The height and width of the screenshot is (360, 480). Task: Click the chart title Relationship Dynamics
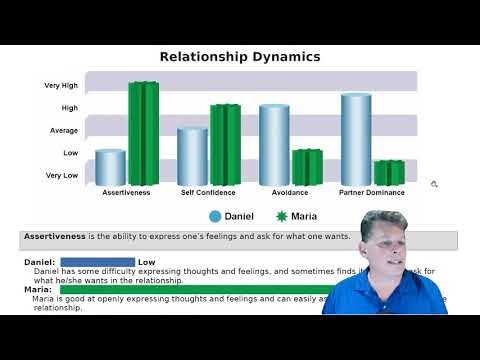click(x=240, y=57)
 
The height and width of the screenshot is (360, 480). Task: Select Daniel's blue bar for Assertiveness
click(x=110, y=167)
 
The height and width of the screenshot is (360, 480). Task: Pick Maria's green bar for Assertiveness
click(x=143, y=133)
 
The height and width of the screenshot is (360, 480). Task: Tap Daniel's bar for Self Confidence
click(x=192, y=156)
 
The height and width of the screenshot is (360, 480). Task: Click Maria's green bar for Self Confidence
click(x=225, y=144)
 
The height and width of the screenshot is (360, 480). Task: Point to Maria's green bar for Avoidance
click(x=307, y=167)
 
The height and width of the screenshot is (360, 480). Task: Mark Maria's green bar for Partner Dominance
click(x=389, y=172)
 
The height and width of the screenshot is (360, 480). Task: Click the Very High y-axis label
click(x=61, y=86)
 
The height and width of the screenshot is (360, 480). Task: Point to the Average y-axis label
click(x=64, y=131)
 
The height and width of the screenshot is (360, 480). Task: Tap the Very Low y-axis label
click(x=62, y=175)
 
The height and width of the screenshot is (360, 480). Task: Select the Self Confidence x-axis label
click(x=208, y=192)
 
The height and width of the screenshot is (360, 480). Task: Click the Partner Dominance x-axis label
click(x=372, y=192)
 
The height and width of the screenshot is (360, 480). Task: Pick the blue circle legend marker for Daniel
click(x=215, y=216)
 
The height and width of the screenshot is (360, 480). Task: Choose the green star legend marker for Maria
click(x=281, y=216)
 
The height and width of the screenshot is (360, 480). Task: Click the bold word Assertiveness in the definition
click(x=55, y=237)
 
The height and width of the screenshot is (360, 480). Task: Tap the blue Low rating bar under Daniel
click(x=98, y=262)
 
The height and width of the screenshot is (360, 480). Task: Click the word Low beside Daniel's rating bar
click(x=146, y=262)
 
